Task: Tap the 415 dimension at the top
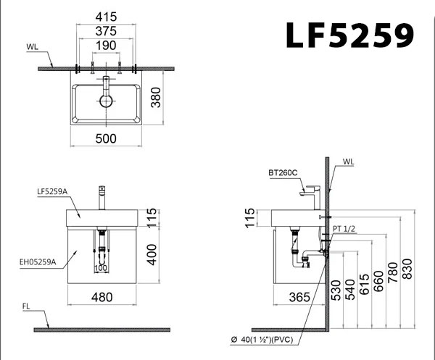107,14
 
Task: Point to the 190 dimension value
107,46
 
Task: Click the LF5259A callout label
52,191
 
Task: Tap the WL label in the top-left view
33,48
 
